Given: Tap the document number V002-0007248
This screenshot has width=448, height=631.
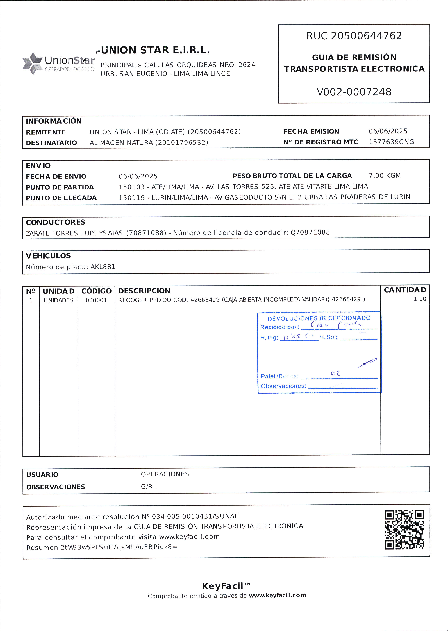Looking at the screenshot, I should [354, 92].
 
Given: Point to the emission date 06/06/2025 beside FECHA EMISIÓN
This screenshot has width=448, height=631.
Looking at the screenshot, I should [388, 131].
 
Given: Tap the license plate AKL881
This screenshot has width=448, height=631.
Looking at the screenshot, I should [103, 267].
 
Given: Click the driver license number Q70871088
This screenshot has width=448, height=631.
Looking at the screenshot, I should [310, 232].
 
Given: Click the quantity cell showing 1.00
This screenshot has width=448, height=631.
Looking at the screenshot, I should [420, 299].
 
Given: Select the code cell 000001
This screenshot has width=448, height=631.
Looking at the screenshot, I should [96, 300].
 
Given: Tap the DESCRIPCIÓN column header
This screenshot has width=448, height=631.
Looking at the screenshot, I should [144, 291].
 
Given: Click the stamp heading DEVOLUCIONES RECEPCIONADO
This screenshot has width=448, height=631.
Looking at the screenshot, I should [319, 318].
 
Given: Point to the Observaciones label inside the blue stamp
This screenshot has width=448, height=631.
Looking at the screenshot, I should [283, 386].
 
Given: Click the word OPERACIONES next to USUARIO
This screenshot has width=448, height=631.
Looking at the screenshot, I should [165, 474].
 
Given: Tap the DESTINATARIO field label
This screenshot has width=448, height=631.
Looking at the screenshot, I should [51, 143].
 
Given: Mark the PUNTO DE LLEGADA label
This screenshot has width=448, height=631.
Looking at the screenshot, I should [61, 198].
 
